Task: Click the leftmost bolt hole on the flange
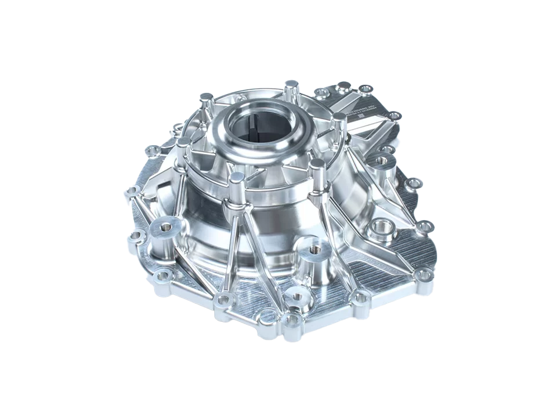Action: (132, 190)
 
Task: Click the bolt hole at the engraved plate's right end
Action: (394, 115)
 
